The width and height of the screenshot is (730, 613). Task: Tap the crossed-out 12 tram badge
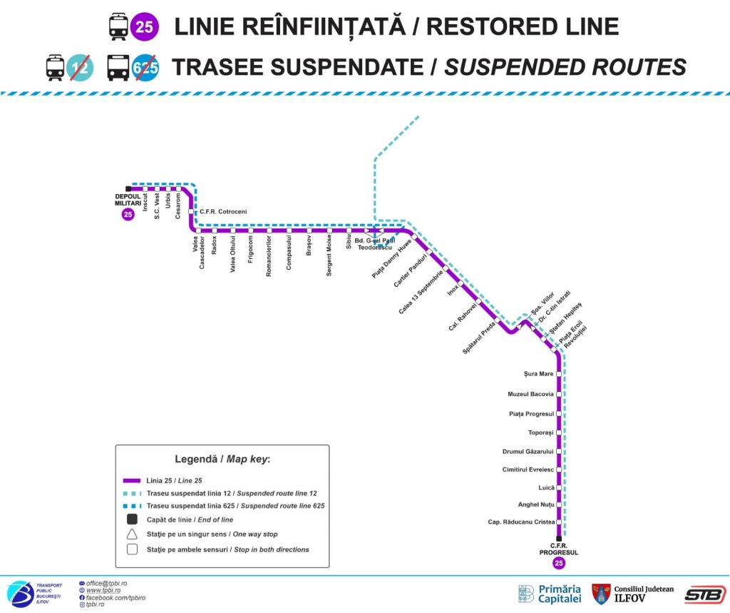[80, 67]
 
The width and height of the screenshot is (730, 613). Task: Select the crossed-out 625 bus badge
[145, 67]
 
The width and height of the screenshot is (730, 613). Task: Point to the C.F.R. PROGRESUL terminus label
[558, 549]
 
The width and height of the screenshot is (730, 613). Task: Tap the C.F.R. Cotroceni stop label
[222, 211]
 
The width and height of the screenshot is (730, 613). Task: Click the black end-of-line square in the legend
[133, 519]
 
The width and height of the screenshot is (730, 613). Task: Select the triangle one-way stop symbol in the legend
[133, 534]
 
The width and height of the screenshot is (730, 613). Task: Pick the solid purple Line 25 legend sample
[133, 480]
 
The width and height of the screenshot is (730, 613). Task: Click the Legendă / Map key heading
[222, 459]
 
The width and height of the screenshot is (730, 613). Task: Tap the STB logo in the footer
[704, 594]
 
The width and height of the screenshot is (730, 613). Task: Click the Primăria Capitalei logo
[550, 594]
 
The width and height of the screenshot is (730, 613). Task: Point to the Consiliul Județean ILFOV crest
[601, 594]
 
